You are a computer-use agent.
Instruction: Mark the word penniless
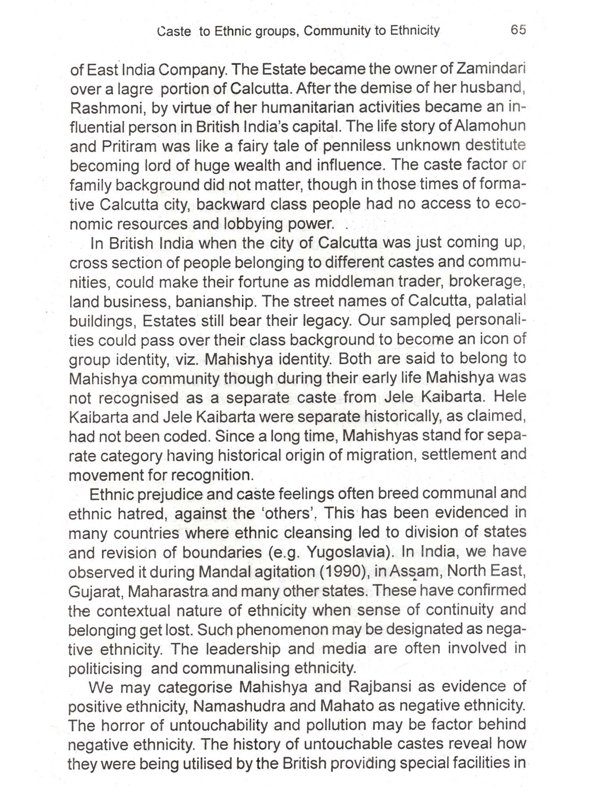[x=357, y=146]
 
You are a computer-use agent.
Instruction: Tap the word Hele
[x=510, y=397]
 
